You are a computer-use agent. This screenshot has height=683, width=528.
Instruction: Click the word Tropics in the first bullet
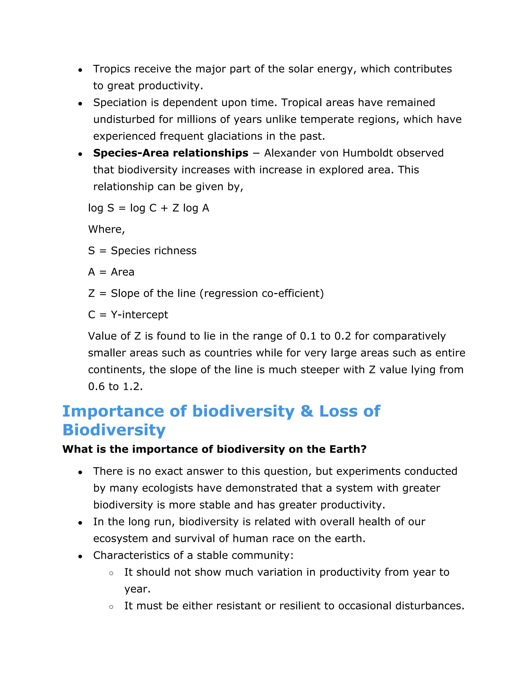(112, 69)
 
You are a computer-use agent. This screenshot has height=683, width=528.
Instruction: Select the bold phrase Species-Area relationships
(170, 153)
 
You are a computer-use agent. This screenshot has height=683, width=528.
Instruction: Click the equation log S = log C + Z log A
(148, 208)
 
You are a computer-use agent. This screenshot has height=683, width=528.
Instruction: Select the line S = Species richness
(142, 251)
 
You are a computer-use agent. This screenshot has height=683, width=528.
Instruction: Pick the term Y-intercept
(139, 315)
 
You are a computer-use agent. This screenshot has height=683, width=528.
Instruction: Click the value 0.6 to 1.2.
(115, 387)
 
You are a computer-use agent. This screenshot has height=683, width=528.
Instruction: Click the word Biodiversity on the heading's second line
(114, 430)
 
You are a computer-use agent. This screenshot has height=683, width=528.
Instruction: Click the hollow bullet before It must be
(111, 607)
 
